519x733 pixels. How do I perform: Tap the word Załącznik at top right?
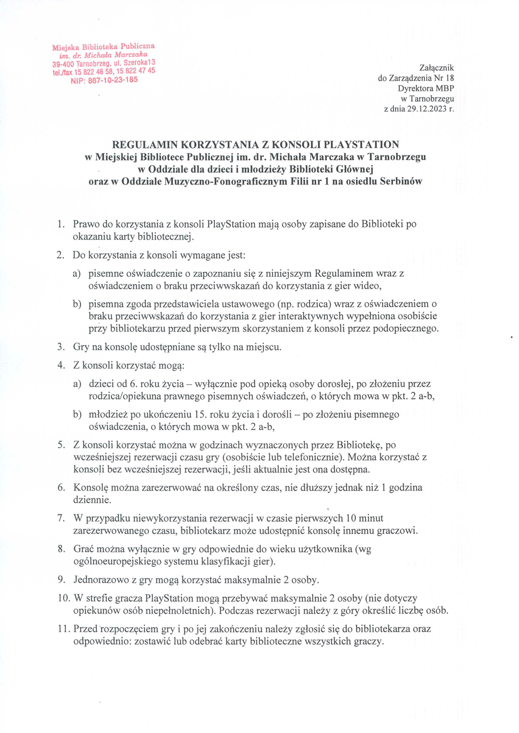point(436,68)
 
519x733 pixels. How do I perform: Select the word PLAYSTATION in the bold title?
point(361,144)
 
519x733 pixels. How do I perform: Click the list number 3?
point(61,347)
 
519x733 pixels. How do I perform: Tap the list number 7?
point(61,518)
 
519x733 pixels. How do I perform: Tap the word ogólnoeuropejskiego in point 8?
point(117,562)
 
